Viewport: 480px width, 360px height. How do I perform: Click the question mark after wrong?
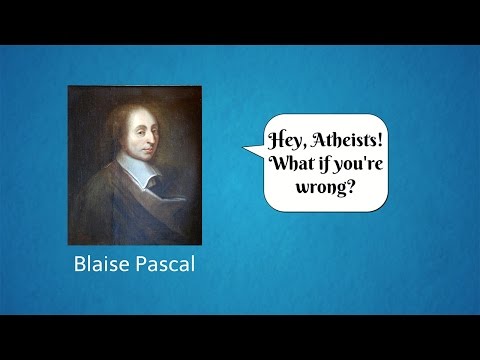pyautogui.click(x=353, y=187)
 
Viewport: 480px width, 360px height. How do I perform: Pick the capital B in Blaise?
pyautogui.click(x=81, y=267)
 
